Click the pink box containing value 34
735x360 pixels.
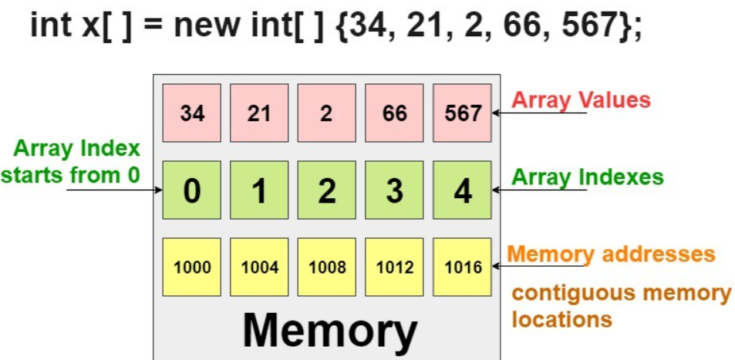(191, 113)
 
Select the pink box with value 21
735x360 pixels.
(259, 113)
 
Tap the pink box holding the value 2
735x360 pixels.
(326, 113)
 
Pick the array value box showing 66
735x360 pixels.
(394, 113)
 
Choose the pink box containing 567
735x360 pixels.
(462, 113)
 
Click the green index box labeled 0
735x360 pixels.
(191, 190)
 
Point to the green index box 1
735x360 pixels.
(259, 190)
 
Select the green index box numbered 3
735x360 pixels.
(394, 190)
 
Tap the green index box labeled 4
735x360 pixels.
(462, 190)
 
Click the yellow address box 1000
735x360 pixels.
(191, 267)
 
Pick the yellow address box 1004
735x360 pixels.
(259, 267)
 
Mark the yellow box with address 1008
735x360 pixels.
(326, 267)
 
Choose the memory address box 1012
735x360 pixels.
(394, 267)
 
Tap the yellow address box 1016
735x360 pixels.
(462, 267)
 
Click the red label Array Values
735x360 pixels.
(582, 99)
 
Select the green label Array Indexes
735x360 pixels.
(588, 177)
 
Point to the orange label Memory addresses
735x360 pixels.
(612, 254)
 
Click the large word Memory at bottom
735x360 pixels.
(329, 331)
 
